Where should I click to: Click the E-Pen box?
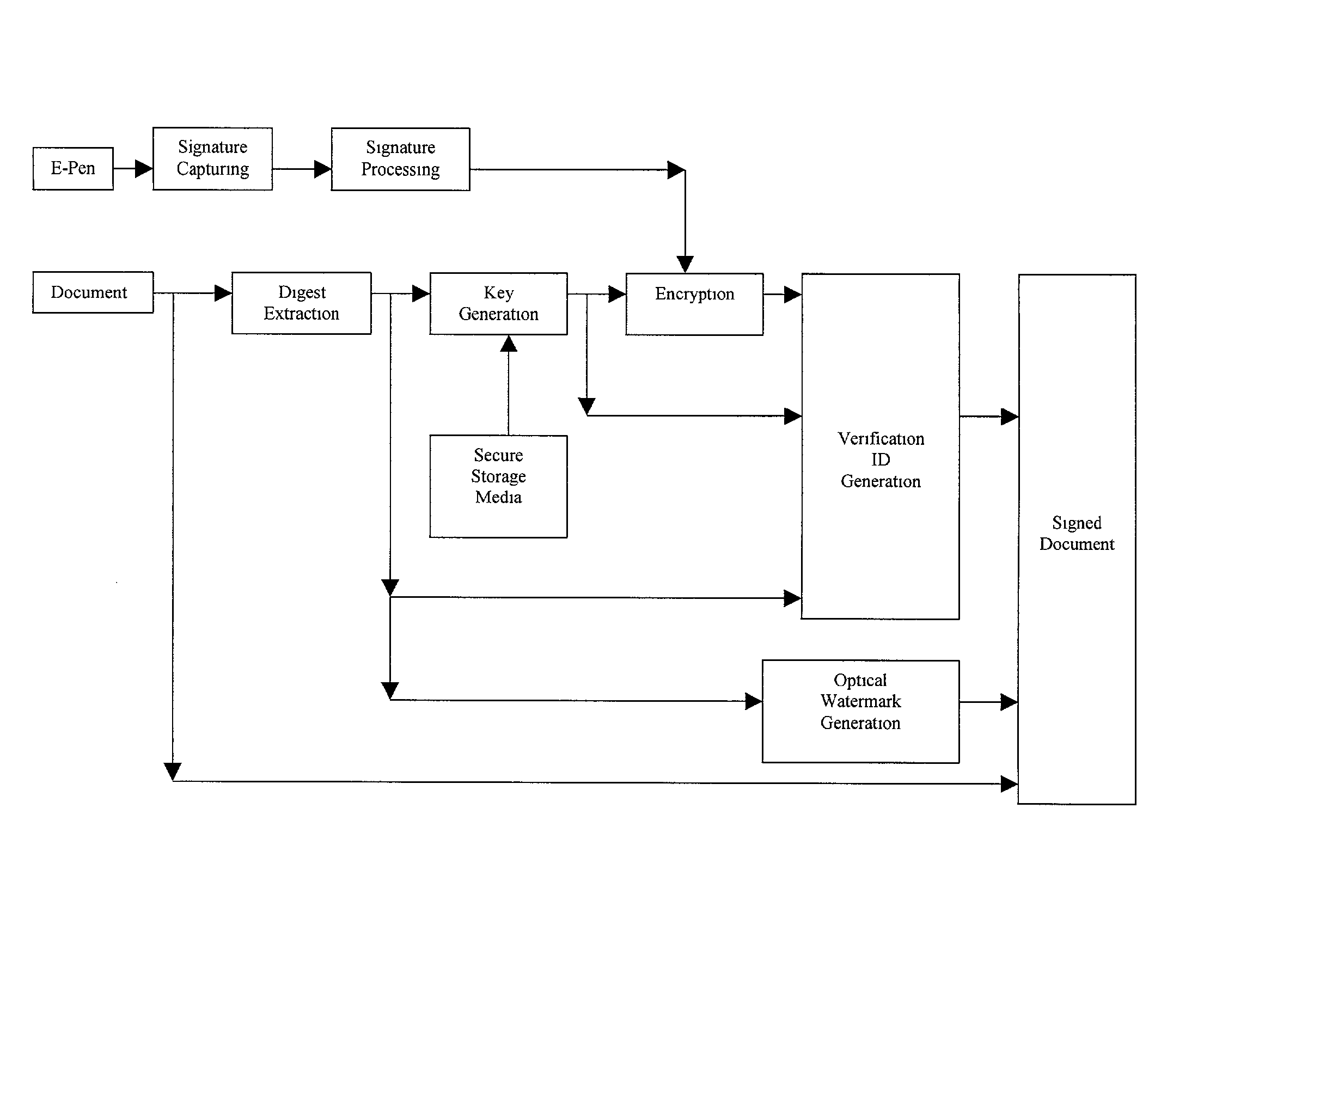pos(73,168)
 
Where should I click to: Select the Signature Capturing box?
pos(212,158)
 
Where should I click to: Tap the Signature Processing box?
pos(400,159)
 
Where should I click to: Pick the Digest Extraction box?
pos(301,303)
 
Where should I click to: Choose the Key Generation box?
pos(498,304)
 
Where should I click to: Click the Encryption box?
pos(694,304)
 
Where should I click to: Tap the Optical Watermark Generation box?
pos(860,711)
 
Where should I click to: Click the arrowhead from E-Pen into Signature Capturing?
pos(144,168)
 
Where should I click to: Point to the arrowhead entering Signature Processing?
pos(322,168)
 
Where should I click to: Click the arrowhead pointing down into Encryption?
pos(685,264)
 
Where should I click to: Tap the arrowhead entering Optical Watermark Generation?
pos(753,701)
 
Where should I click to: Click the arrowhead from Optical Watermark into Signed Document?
pos(1009,702)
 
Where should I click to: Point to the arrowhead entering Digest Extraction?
pos(223,293)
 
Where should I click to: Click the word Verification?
pos(881,439)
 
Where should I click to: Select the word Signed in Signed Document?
pos(1077,523)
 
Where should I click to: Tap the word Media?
pos(498,497)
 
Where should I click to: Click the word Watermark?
pos(860,701)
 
